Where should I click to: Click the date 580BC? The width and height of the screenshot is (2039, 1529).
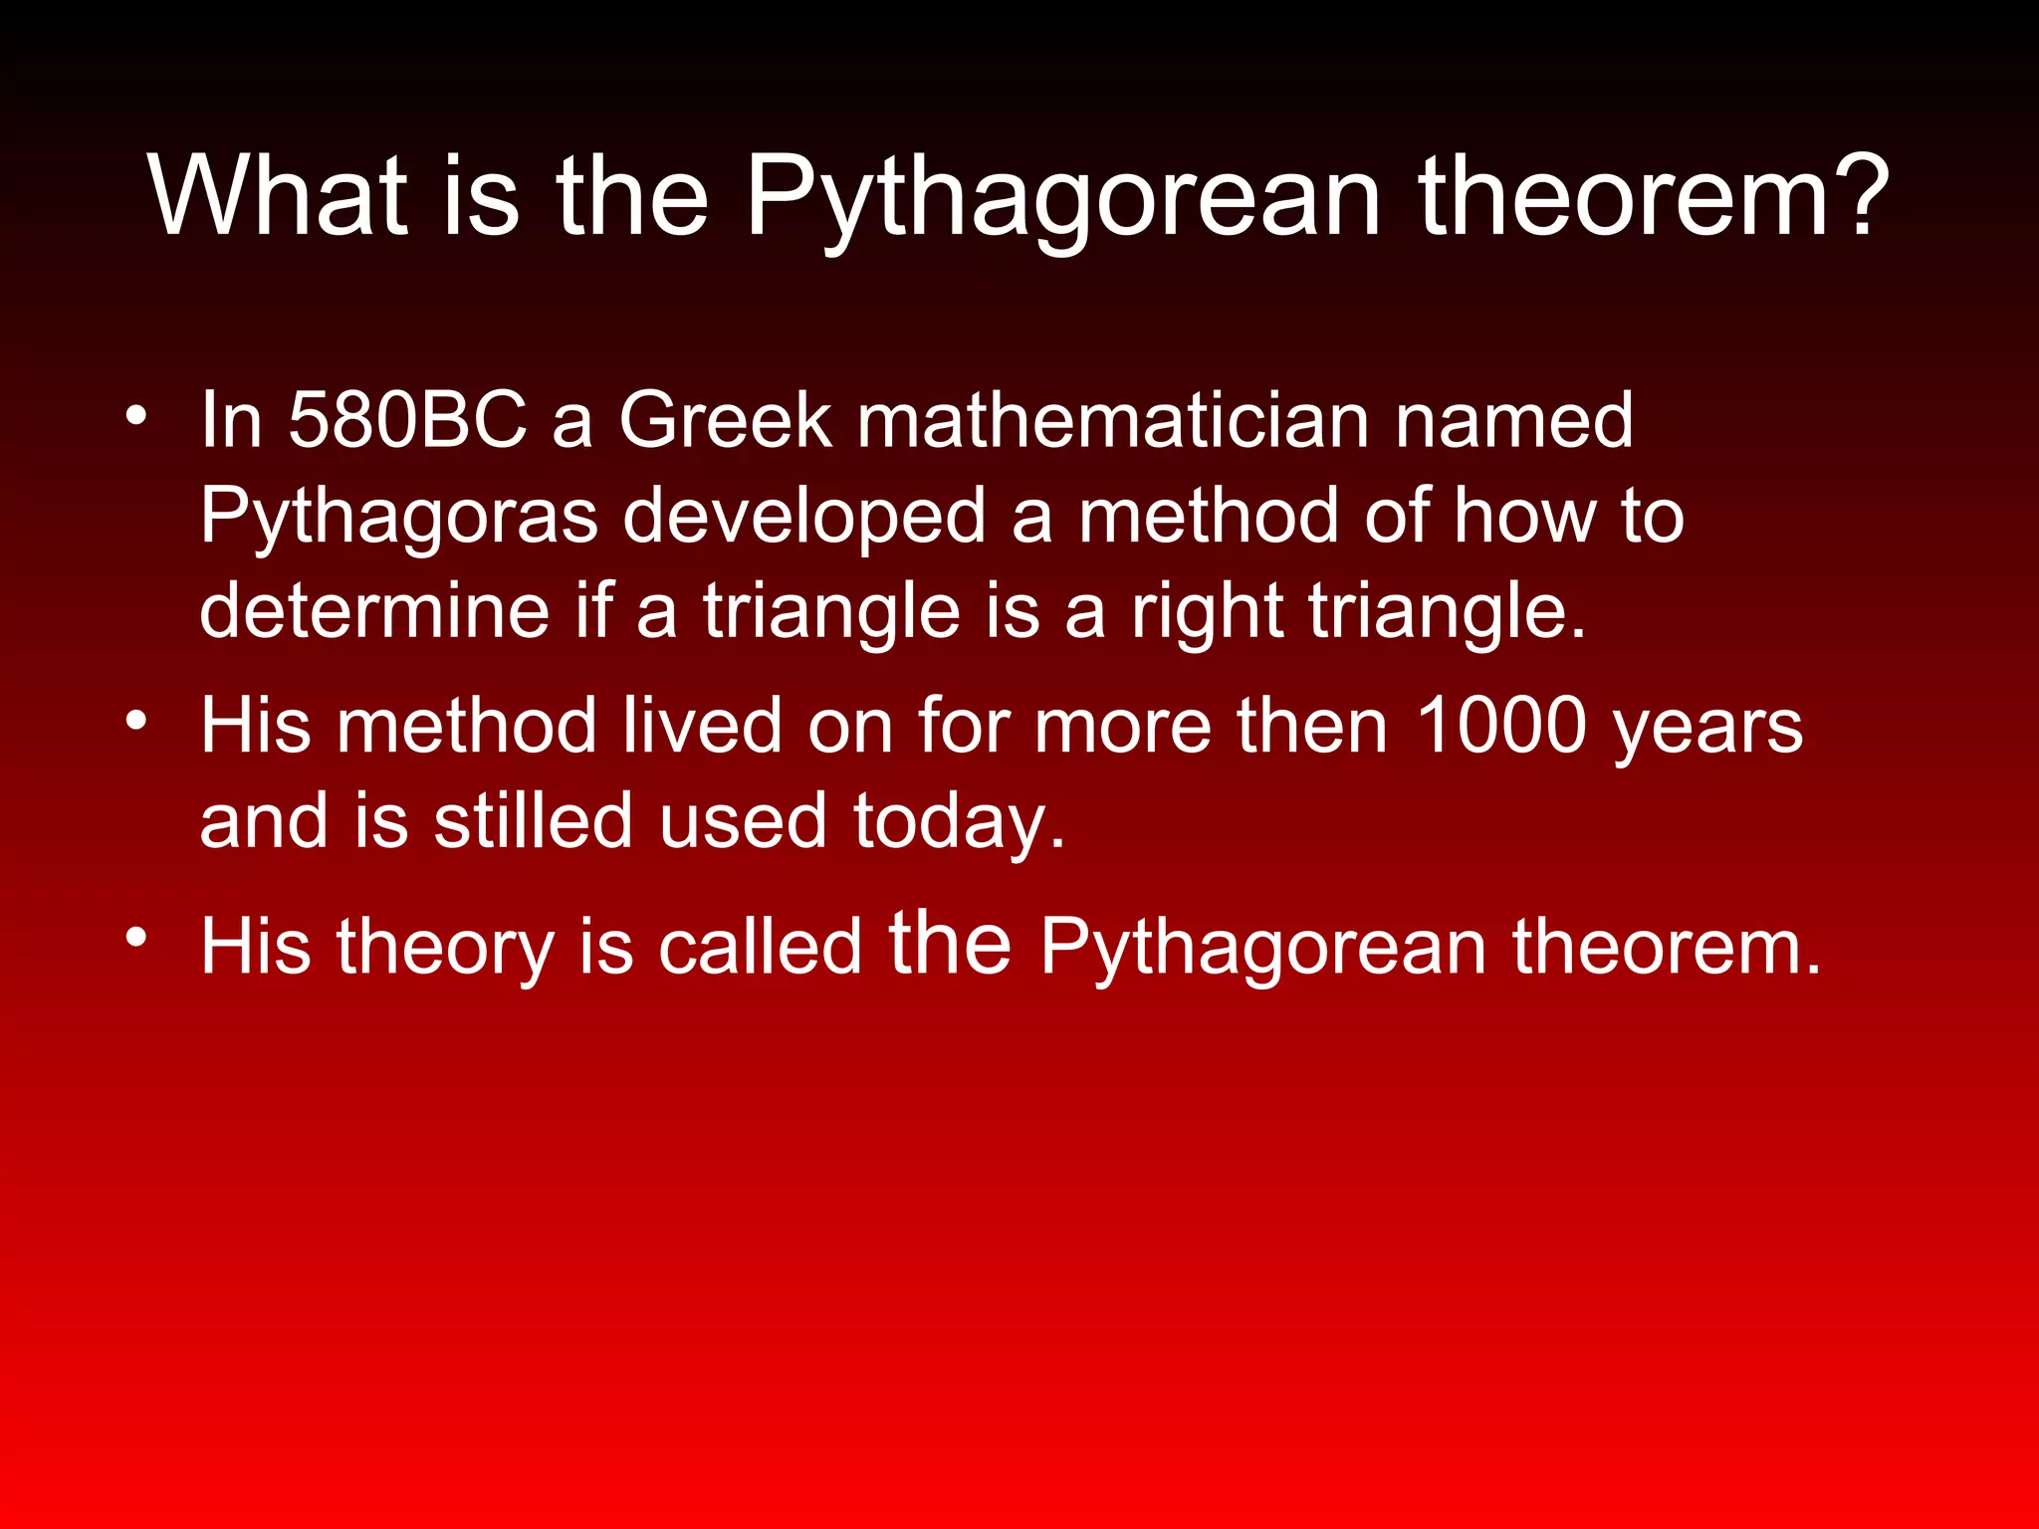point(407,420)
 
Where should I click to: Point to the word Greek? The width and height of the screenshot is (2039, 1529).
point(724,420)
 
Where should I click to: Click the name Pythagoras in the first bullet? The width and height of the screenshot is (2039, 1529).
point(399,517)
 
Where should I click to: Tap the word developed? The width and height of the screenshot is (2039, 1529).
point(803,517)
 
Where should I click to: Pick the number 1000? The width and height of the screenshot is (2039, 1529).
point(1500,726)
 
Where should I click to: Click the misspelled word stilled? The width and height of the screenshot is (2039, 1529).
point(534,821)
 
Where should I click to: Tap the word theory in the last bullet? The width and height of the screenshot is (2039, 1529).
point(445,948)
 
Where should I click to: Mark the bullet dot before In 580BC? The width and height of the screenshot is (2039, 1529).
point(136,416)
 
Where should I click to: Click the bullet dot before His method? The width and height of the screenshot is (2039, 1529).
point(136,721)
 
